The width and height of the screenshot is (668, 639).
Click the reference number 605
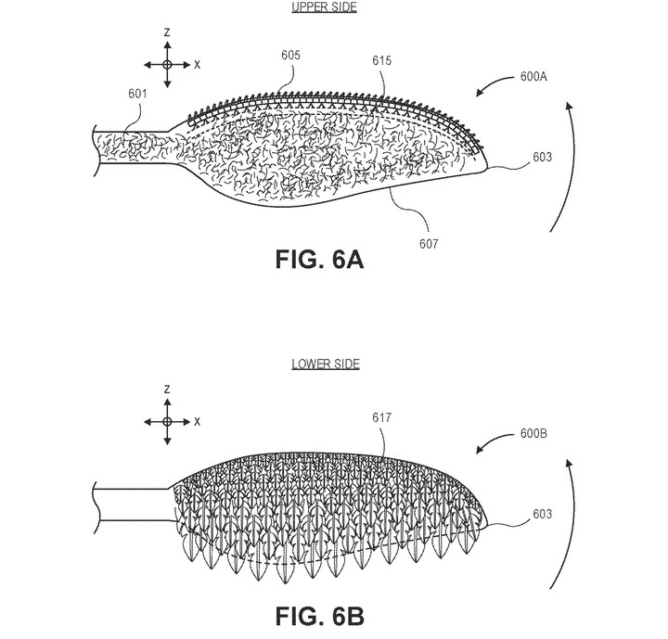click(290, 55)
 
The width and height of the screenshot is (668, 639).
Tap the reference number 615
click(381, 60)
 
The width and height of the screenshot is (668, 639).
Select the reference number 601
click(137, 94)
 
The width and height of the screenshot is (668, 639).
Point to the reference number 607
click(429, 244)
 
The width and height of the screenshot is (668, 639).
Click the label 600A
click(533, 77)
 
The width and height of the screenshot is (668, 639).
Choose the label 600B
click(533, 434)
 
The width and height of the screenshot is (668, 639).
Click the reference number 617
click(381, 417)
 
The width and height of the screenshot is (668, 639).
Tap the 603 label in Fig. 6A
click(543, 157)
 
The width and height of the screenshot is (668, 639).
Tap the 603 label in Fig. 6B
click(543, 514)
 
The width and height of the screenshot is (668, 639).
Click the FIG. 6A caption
click(319, 259)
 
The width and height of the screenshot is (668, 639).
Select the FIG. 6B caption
click(319, 616)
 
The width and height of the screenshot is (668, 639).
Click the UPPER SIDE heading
click(324, 7)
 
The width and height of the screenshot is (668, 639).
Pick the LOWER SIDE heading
click(326, 364)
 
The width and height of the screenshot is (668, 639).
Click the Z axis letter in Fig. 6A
click(167, 32)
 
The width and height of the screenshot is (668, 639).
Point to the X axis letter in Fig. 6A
click(197, 65)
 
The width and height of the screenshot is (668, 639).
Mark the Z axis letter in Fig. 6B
click(167, 390)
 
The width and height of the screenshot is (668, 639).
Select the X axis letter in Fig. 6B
click(197, 422)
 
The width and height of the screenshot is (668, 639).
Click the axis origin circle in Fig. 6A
click(167, 65)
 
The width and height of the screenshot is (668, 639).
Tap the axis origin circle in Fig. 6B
click(167, 422)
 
